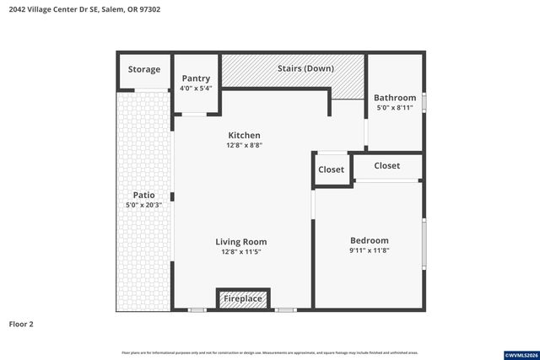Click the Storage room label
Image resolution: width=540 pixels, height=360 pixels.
coord(143,69)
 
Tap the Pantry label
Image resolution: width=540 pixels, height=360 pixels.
coord(195,78)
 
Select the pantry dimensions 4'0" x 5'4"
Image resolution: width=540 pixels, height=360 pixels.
coord(195,89)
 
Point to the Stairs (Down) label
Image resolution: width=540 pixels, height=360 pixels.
coord(305,68)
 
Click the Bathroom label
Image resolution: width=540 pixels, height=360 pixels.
coord(395,98)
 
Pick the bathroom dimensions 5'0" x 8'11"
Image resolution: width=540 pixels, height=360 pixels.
coord(395,108)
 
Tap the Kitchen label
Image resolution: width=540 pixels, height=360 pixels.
coord(244,135)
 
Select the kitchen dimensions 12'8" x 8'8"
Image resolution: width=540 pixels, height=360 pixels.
coord(244,145)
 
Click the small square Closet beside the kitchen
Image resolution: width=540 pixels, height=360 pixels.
coord(331,169)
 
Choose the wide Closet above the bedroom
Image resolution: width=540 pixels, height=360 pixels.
coord(386,166)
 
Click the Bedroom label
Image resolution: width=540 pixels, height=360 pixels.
coord(369,240)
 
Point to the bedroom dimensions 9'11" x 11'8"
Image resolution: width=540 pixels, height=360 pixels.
coord(369,250)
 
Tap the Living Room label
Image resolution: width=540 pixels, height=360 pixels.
coord(241,242)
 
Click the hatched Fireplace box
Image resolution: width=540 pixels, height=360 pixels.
coord(243,298)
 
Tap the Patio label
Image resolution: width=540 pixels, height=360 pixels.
coord(143,195)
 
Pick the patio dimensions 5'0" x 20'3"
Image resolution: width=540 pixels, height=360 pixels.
coord(143,205)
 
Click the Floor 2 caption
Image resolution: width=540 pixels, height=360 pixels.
coord(21,324)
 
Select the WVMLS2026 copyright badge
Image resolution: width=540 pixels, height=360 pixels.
coord(516,353)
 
